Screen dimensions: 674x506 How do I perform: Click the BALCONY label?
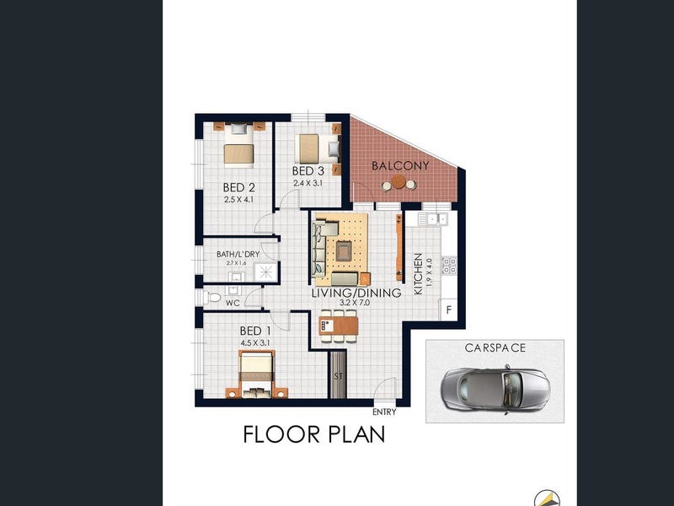[x=400, y=165]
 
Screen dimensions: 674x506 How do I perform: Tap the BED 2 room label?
[x=239, y=187]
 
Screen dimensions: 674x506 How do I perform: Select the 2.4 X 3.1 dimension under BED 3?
[x=308, y=183]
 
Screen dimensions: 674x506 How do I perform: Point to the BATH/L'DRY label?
[x=238, y=255]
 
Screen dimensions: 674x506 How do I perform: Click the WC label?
[x=233, y=303]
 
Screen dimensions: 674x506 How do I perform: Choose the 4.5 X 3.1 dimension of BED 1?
[x=255, y=343]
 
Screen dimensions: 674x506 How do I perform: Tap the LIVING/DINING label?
[x=356, y=293]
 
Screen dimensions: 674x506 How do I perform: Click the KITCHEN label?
[x=418, y=274]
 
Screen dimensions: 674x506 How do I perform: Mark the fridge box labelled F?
[x=449, y=310]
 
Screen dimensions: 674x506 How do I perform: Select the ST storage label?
[x=339, y=376]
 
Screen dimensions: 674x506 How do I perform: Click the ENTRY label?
[x=384, y=412]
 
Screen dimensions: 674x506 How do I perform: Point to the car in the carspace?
[x=496, y=390]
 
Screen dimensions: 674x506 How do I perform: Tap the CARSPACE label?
[x=495, y=347]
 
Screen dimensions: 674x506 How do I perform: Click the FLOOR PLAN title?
[x=313, y=434]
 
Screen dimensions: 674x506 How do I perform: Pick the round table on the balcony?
[x=399, y=181]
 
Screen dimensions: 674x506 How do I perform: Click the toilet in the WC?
[x=212, y=297]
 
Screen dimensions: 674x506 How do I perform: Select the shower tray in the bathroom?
[x=265, y=272]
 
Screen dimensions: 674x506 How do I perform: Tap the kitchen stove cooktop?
[x=449, y=266]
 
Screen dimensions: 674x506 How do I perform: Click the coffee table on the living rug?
[x=344, y=250]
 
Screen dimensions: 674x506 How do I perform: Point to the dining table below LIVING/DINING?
[x=339, y=326]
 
